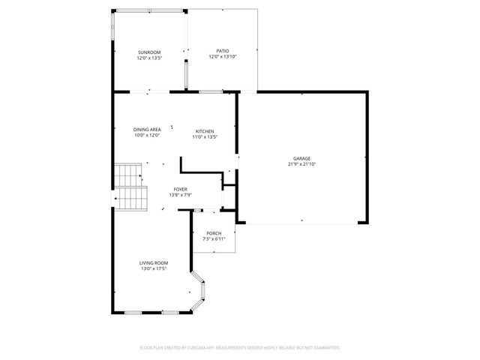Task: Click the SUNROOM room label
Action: [148, 52]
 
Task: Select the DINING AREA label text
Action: [147, 130]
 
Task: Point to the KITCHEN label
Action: [205, 130]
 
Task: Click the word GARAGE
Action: [301, 158]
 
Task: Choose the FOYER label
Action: [181, 189]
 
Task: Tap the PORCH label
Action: [214, 233]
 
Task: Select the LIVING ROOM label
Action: [153, 262]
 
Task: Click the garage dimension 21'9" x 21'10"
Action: [301, 164]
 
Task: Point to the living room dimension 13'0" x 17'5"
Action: [153, 268]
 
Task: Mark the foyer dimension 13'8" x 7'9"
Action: [181, 195]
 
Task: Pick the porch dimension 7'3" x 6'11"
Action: [214, 239]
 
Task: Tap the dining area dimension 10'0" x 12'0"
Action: [147, 136]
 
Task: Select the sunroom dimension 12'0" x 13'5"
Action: [148, 58]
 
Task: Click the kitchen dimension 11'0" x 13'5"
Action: [205, 136]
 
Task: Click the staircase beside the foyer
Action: [129, 187]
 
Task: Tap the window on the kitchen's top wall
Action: [211, 91]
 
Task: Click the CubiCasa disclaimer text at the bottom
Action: [240, 347]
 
